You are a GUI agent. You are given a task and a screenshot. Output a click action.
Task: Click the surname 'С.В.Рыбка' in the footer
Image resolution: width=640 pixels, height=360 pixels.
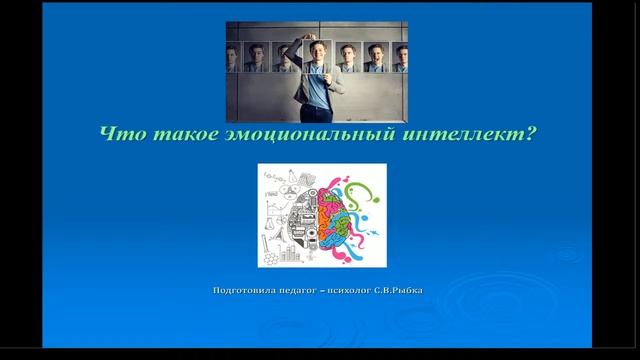click(x=406, y=291)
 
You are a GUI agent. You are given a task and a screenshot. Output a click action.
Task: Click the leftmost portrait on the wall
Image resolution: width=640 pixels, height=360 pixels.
click(x=233, y=57)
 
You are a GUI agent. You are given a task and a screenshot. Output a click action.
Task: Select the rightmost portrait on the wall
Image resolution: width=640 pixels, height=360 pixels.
click(x=400, y=57)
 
